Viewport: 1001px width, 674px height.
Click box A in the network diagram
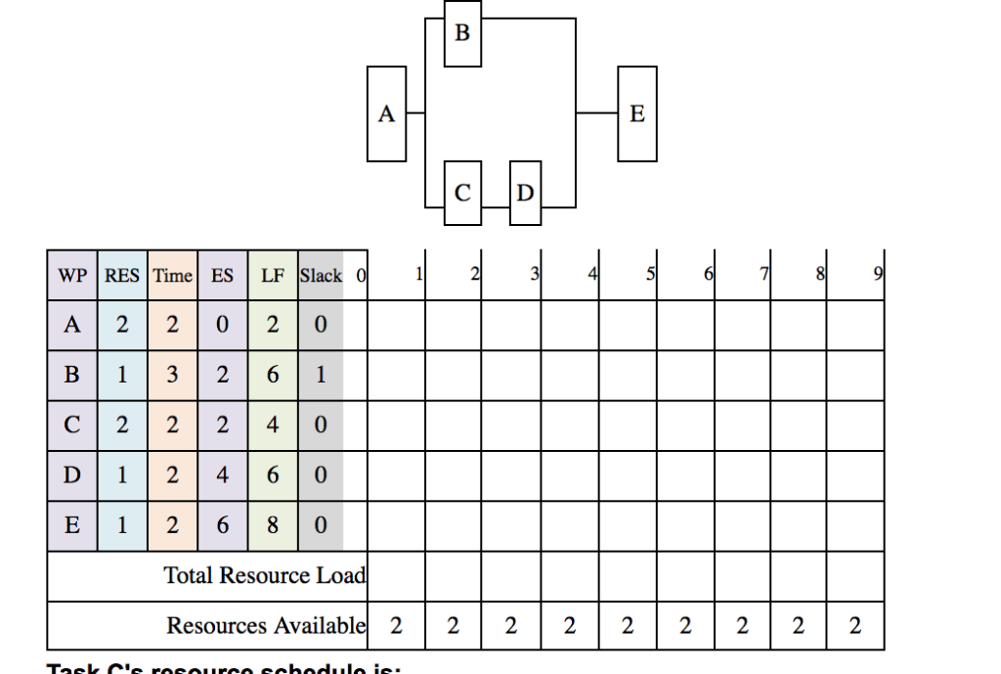click(386, 114)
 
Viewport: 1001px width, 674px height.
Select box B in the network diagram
click(462, 33)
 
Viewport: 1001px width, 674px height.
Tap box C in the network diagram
click(462, 193)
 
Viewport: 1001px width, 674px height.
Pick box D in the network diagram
click(525, 193)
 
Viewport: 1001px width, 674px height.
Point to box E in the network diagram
click(637, 114)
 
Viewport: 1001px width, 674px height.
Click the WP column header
click(72, 276)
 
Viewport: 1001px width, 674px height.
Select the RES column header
click(122, 276)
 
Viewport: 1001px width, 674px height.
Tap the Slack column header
click(321, 276)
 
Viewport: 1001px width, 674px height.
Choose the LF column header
click(273, 276)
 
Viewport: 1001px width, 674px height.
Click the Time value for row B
click(172, 376)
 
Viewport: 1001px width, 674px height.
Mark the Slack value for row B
click(321, 376)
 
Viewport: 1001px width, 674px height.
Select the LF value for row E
click(273, 525)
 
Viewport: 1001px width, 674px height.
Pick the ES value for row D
click(222, 475)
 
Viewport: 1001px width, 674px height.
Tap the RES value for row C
click(122, 426)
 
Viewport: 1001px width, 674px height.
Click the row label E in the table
click(72, 525)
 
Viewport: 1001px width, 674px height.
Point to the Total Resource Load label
click(264, 575)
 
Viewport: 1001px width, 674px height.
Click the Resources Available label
click(266, 625)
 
